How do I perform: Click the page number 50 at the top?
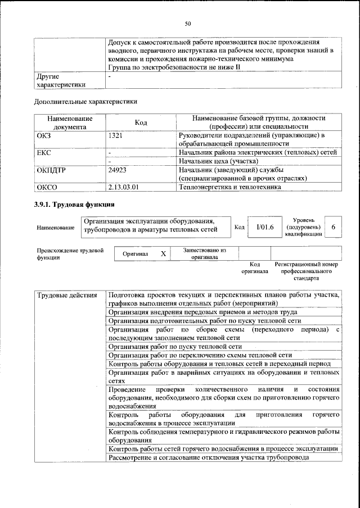188,23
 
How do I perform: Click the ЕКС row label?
44,152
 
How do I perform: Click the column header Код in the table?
141,123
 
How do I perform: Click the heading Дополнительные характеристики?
85,102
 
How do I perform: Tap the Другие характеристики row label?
61,80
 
